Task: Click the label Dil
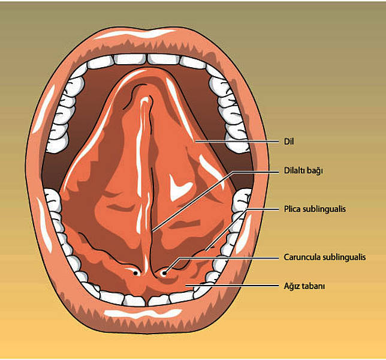(x=289, y=142)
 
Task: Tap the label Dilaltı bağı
(x=303, y=171)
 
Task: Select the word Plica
(x=292, y=209)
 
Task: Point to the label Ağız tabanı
(x=304, y=286)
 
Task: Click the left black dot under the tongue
(x=135, y=273)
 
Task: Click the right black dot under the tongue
(x=164, y=273)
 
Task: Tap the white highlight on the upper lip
(x=135, y=34)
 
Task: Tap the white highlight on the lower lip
(x=143, y=313)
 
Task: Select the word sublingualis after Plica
(x=324, y=209)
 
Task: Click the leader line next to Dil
(x=237, y=142)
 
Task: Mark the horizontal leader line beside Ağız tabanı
(x=232, y=286)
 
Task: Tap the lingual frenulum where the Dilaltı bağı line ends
(x=153, y=231)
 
